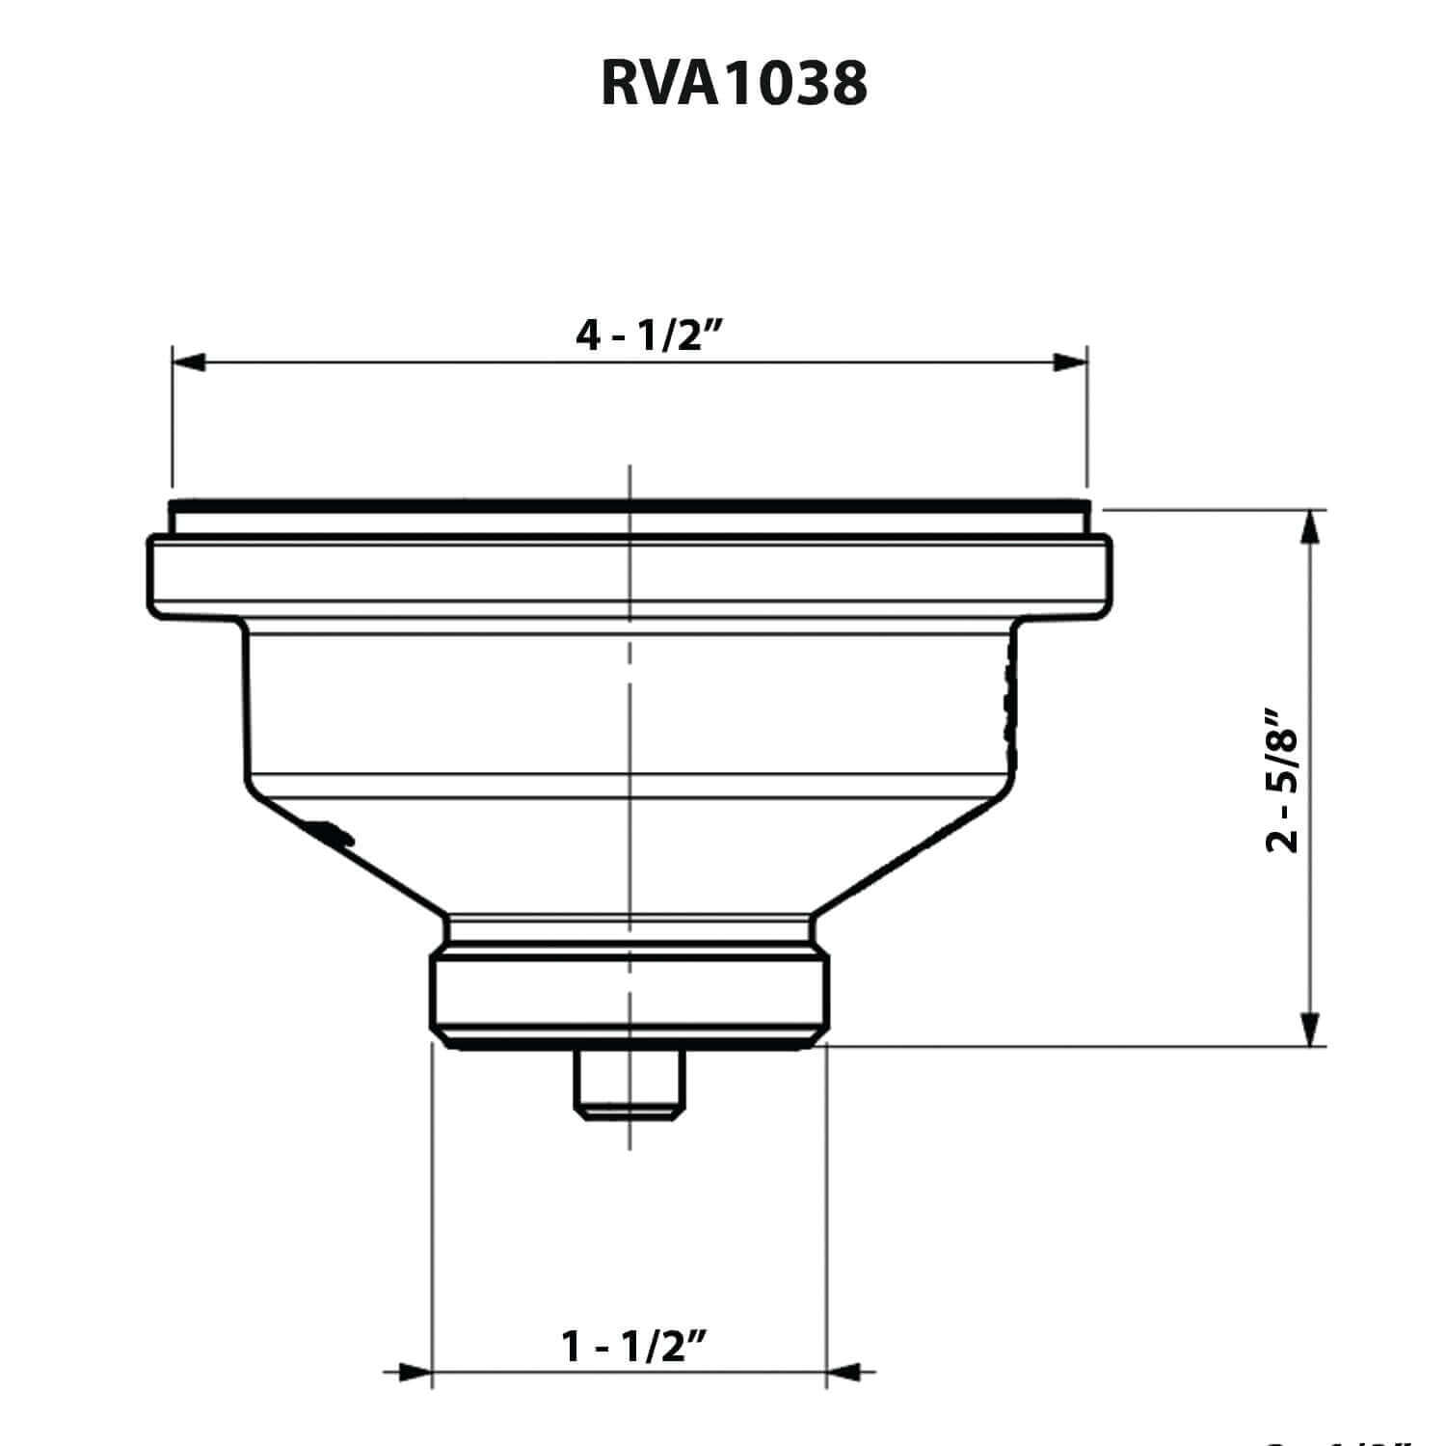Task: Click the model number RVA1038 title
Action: pos(734,85)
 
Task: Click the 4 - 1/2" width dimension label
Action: pos(649,336)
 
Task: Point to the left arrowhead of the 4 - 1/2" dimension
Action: pos(189,362)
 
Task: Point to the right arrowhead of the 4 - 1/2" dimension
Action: pos(1070,362)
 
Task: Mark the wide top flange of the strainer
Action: pos(629,575)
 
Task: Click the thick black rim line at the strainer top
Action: pos(629,504)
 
